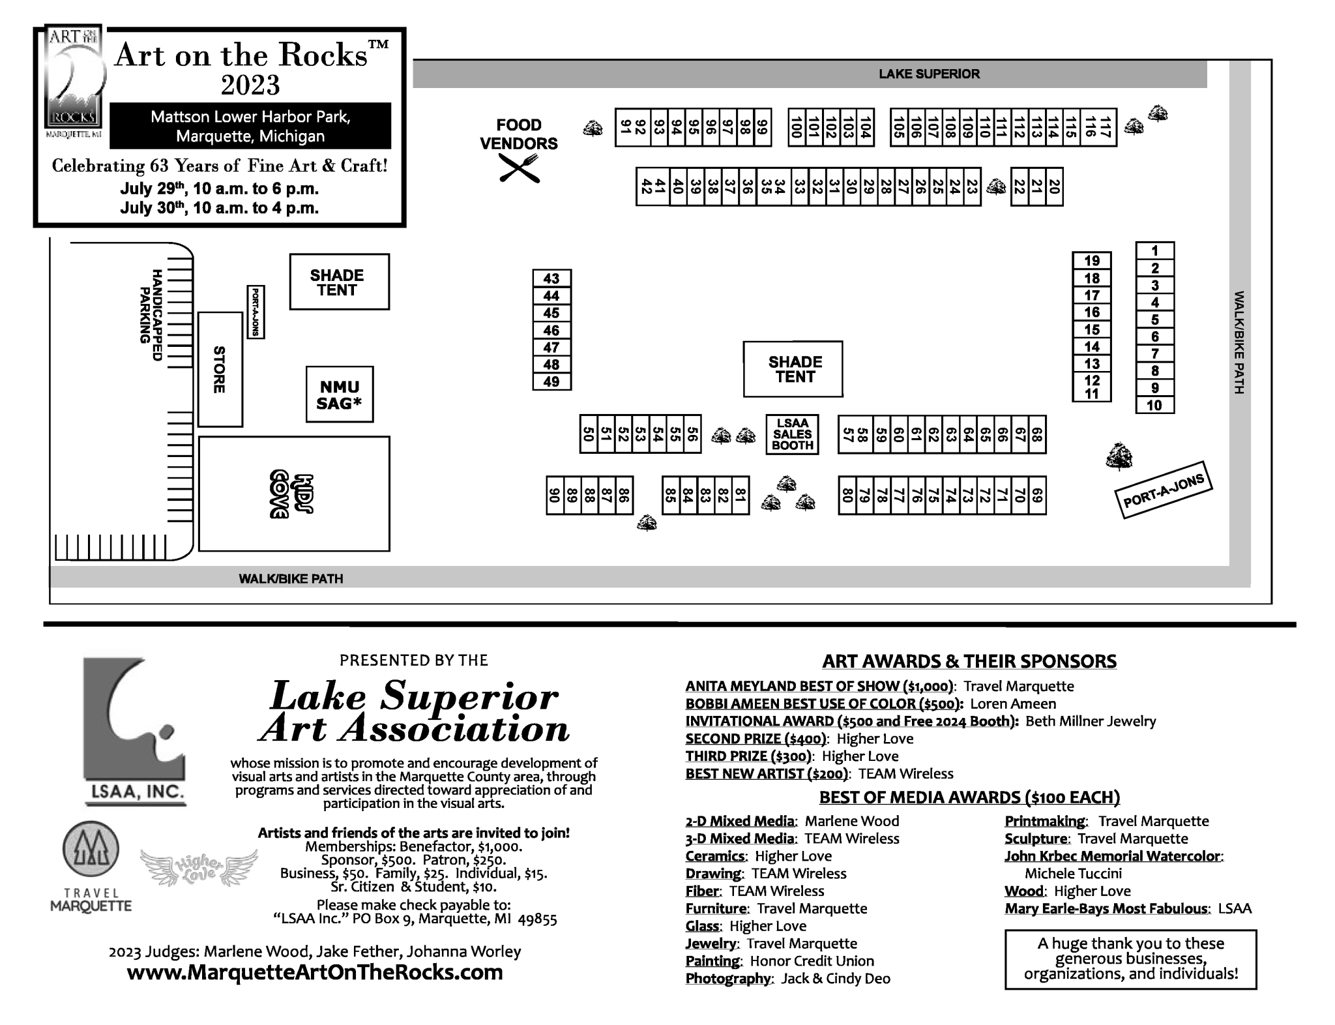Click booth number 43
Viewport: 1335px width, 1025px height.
[x=551, y=278]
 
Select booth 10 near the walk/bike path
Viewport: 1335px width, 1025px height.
[x=1154, y=405]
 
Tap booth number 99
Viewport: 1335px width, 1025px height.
[x=761, y=127]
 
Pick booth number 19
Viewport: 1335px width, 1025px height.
[x=1092, y=261]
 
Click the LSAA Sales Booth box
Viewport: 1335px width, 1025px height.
[x=792, y=434]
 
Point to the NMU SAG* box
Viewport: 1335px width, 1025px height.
[x=339, y=394]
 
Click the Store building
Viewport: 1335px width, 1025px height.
[x=220, y=369]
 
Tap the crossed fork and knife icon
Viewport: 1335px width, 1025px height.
[x=520, y=168]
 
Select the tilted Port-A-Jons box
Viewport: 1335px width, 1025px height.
[x=1164, y=490]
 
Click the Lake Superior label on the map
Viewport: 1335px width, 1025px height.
[x=929, y=74]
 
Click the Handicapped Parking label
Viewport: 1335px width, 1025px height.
[x=150, y=315]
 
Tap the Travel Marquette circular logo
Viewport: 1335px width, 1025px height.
[x=91, y=850]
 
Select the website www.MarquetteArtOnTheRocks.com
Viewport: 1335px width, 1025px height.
[x=315, y=972]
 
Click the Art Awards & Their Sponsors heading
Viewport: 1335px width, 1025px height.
[x=969, y=661]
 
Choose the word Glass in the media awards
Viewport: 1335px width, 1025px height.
[x=702, y=926]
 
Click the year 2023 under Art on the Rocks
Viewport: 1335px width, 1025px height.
[x=250, y=85]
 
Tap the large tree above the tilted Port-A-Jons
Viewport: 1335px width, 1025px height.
[x=1119, y=456]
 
